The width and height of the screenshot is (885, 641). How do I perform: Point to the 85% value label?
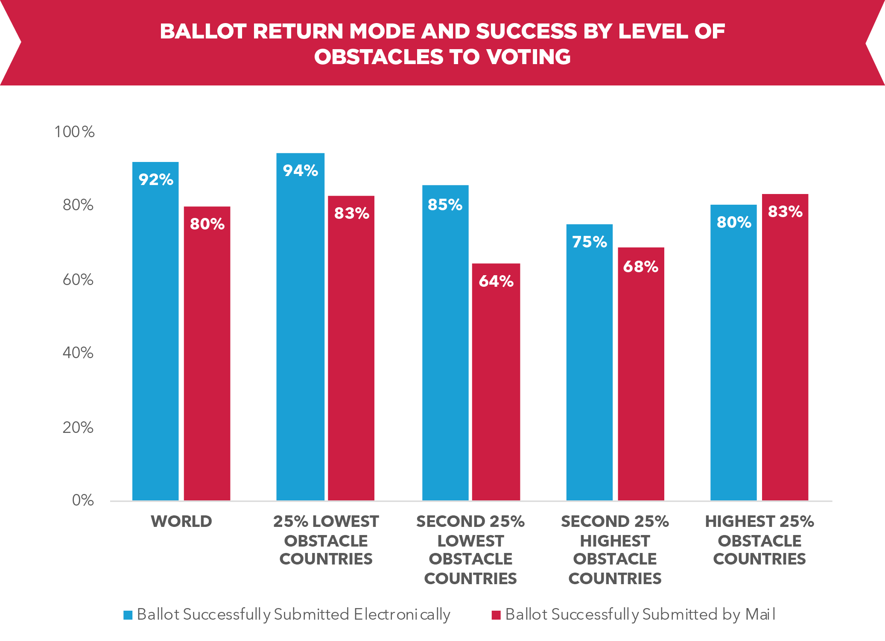tap(445, 205)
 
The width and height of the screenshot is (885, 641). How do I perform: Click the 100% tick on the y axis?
tap(75, 132)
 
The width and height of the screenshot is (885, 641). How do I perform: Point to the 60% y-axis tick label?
tap(78, 279)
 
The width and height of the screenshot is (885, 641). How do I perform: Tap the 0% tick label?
tap(83, 500)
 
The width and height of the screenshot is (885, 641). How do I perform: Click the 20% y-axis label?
tap(78, 427)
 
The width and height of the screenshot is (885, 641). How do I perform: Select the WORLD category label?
tap(181, 521)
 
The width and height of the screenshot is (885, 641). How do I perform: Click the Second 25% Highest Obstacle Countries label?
tap(615, 550)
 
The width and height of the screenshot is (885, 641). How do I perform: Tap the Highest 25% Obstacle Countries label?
tap(759, 540)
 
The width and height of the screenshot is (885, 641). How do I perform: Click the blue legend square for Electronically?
tap(128, 615)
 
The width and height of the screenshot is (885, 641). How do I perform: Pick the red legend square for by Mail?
tap(496, 615)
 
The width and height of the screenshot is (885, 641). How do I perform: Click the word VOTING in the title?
tap(529, 57)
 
